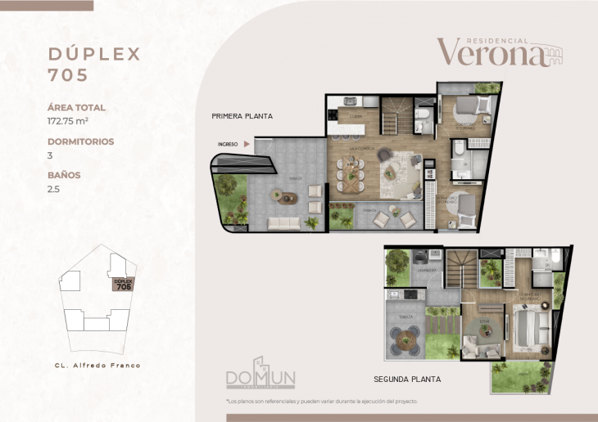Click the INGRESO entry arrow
click(247, 144)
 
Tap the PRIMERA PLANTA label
click(242, 116)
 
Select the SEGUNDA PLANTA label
click(407, 379)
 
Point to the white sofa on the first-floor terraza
click(284, 222)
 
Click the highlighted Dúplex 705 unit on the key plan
click(123, 285)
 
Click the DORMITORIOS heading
click(80, 141)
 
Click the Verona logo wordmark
click(490, 52)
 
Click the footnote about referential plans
click(322, 402)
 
